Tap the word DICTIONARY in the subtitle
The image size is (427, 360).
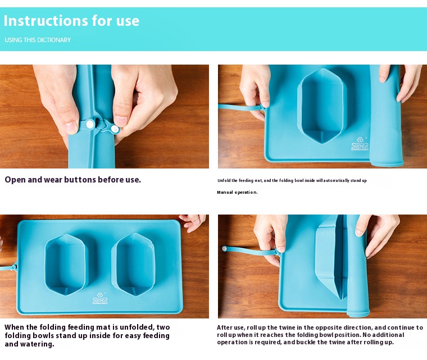click(54, 40)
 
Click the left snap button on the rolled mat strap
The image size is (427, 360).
click(90, 125)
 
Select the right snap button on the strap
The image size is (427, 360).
click(115, 129)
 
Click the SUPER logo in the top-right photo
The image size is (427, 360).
click(360, 144)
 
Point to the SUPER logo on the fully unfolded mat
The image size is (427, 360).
click(100, 298)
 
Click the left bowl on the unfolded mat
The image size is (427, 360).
click(66, 264)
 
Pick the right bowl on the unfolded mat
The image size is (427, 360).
click(134, 264)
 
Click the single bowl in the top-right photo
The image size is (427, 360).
click(322, 106)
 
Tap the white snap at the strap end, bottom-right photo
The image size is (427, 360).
click(224, 249)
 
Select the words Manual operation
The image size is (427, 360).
click(237, 192)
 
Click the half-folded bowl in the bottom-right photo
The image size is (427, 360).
click(331, 259)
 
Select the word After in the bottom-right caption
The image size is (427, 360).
click(224, 327)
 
